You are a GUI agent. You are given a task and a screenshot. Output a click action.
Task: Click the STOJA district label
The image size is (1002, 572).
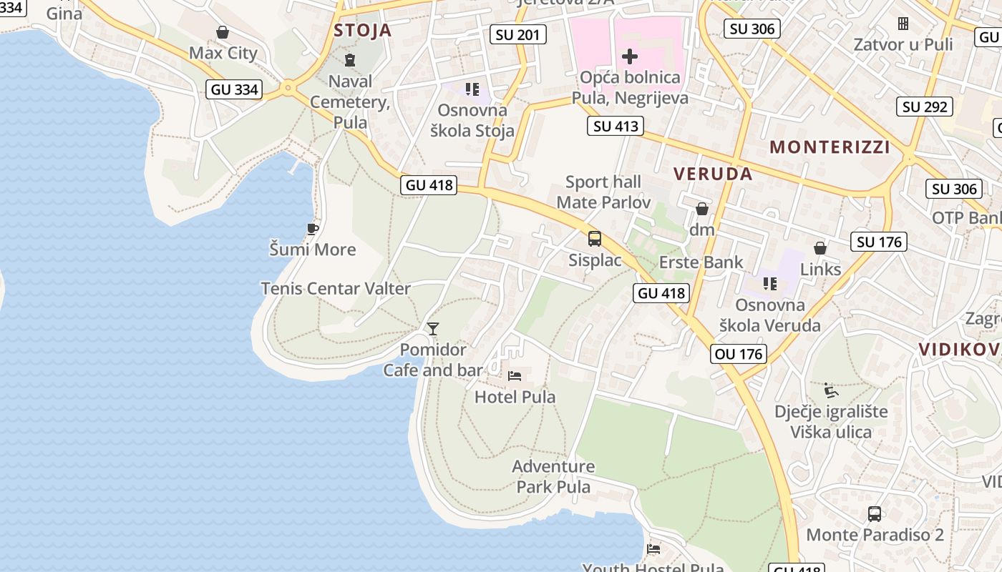[x=363, y=30]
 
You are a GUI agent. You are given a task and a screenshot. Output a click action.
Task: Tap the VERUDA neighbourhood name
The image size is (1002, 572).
[x=713, y=174]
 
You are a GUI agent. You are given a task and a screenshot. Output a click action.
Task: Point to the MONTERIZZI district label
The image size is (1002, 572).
[x=830, y=147]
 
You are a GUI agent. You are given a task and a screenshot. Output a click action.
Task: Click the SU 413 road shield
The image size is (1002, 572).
[x=616, y=127]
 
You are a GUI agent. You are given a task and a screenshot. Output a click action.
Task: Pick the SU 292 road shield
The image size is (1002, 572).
[x=925, y=107]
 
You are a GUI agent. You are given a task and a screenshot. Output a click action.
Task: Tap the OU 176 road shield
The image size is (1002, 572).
[x=739, y=353]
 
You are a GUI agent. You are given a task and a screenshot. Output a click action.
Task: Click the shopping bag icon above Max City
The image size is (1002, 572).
[x=223, y=32]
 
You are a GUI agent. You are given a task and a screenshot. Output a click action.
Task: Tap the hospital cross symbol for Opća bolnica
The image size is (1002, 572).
[x=630, y=56]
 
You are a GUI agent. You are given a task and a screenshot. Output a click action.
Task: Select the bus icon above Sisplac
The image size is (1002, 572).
[x=595, y=239]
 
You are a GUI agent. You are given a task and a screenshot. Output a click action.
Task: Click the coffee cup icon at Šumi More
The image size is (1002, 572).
[x=312, y=229]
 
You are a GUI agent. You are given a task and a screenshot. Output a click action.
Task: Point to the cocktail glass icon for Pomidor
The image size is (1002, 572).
[x=432, y=329]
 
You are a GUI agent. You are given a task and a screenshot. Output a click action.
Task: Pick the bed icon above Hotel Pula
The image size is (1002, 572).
[x=515, y=376]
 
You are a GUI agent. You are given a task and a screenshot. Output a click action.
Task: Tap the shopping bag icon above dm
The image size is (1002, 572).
[x=702, y=209]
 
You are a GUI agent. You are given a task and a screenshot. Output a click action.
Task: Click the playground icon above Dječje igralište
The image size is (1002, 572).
[x=830, y=390]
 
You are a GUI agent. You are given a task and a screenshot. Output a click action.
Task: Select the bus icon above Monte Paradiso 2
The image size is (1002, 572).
[x=875, y=513]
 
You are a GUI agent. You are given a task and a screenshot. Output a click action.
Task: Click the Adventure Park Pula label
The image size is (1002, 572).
[x=553, y=477]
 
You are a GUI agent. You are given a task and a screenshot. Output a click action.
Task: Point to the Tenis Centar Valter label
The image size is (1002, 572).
[x=336, y=289]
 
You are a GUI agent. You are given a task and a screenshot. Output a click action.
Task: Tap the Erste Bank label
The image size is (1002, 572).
[x=701, y=262]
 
